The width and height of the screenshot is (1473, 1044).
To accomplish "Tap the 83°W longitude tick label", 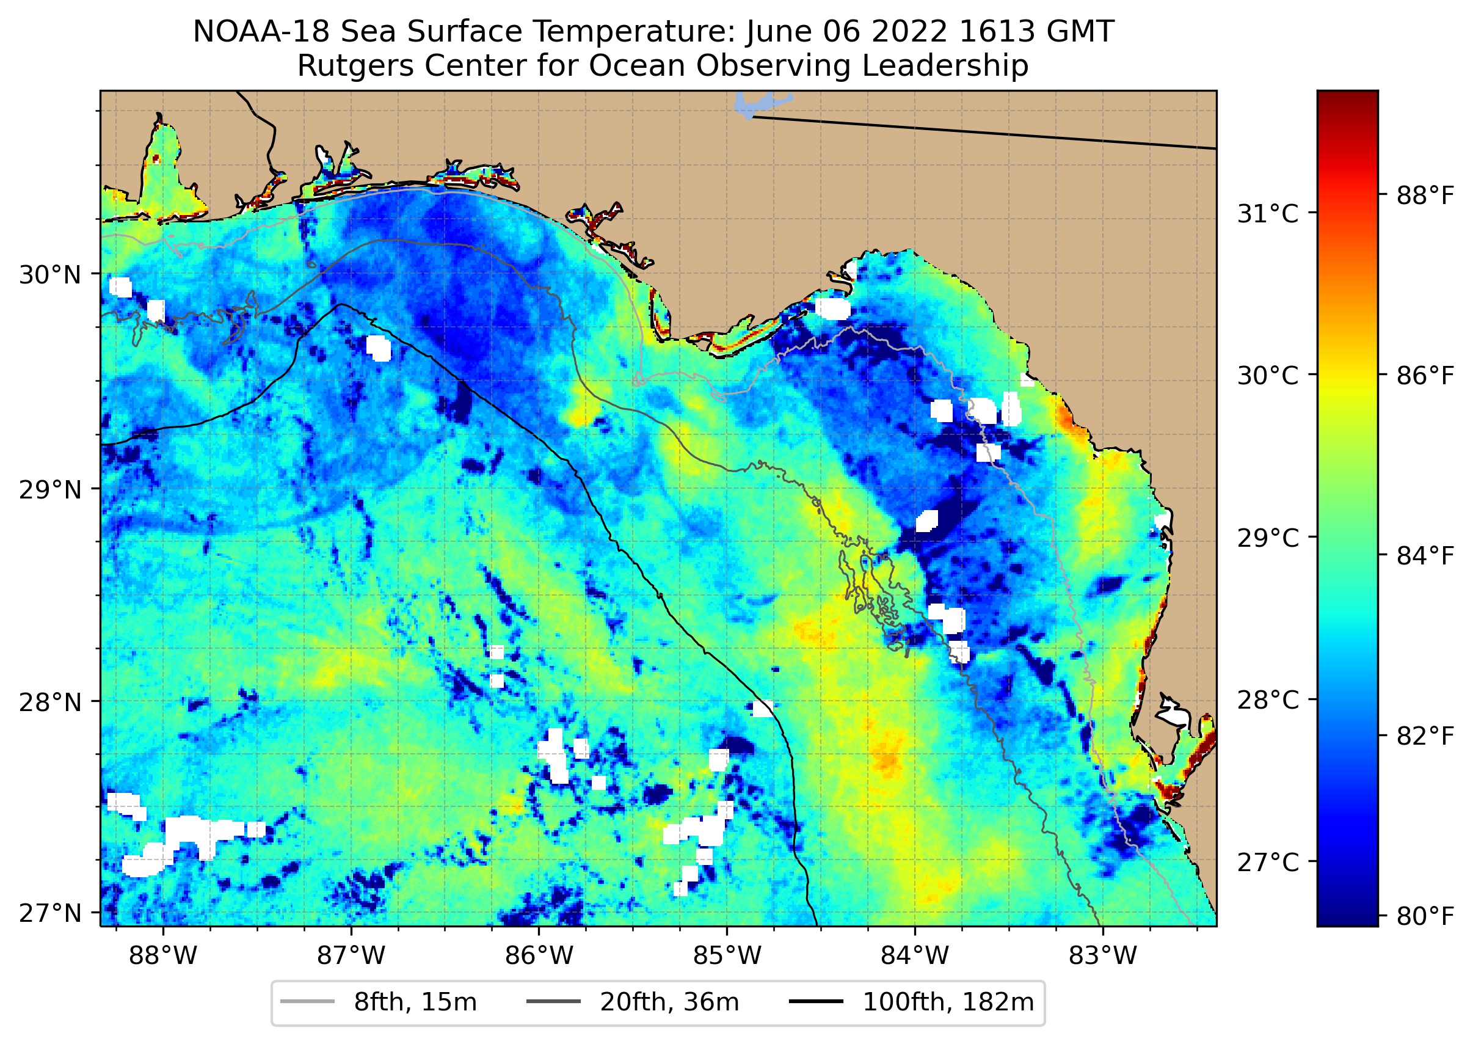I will click(1103, 956).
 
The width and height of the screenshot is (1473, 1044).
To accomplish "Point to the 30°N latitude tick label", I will click(51, 275).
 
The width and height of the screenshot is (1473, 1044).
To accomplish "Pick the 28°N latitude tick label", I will click(51, 702).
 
